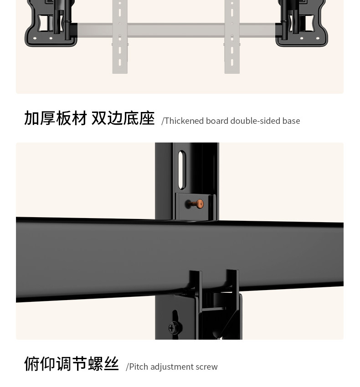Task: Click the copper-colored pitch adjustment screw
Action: [199, 204]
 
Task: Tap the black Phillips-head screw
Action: [173, 327]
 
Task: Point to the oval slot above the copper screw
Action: [182, 170]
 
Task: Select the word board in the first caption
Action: [217, 121]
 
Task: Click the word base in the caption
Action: [291, 121]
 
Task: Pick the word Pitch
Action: [139, 367]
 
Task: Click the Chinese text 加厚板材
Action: [56, 118]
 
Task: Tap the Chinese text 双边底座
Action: [123, 118]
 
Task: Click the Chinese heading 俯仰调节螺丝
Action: [72, 364]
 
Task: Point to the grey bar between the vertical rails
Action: [176, 31]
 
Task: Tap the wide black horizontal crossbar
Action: [91, 257]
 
